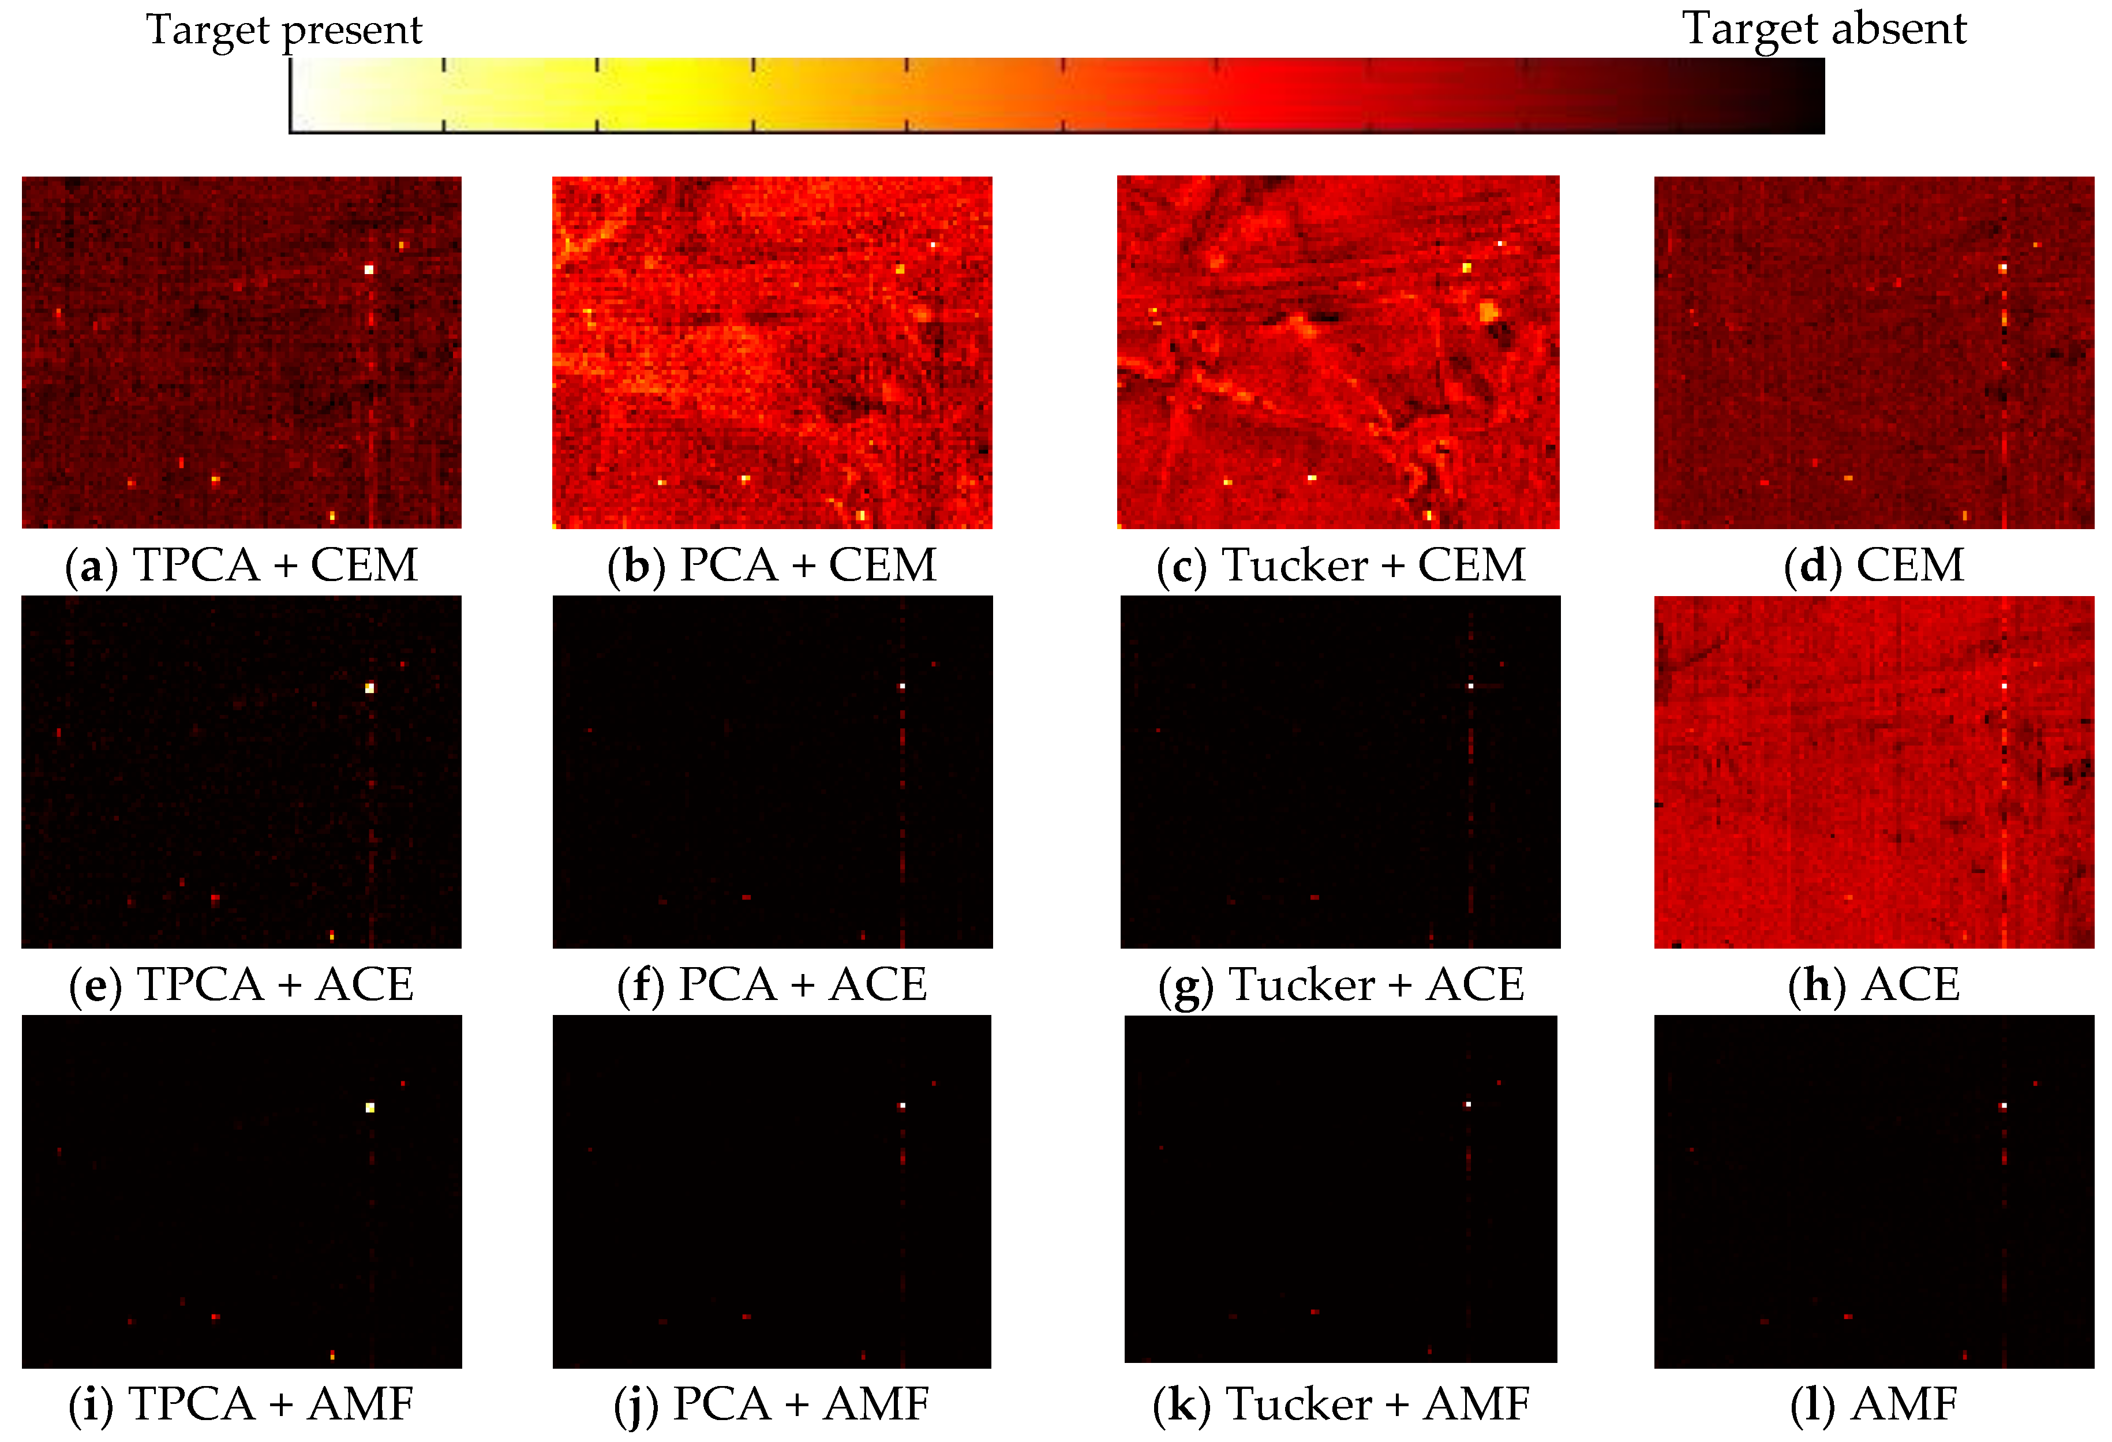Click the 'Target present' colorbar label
click(283, 30)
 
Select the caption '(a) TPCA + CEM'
click(242, 565)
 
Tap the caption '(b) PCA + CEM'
click(772, 565)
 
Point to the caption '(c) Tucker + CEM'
click(1340, 565)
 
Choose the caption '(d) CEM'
click(1874, 565)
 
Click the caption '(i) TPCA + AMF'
click(242, 1404)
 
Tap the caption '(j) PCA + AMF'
click(772, 1404)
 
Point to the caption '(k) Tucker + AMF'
click(1340, 1404)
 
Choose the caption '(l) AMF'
click(1874, 1404)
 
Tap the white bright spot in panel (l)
click(2004, 1106)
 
